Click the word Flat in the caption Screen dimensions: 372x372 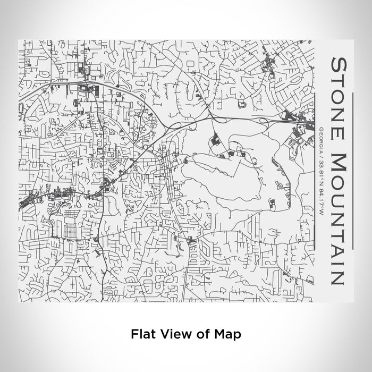click(142, 334)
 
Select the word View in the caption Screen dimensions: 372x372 click(175, 334)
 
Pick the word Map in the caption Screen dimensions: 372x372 click(227, 334)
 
